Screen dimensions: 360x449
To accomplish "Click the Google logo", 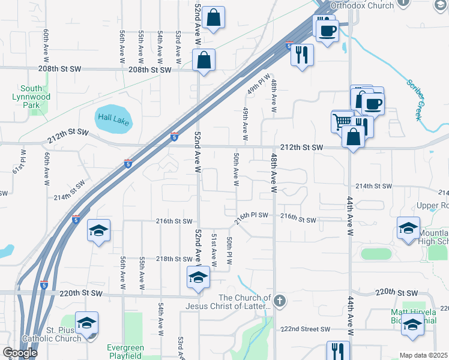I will (20, 353).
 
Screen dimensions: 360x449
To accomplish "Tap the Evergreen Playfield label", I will (124, 352).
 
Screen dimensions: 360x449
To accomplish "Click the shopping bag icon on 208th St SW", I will (204, 61).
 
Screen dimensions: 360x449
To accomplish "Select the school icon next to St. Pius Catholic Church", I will (87, 323).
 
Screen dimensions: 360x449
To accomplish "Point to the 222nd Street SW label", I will (306, 329).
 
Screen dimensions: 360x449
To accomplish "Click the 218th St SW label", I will (174, 259).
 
